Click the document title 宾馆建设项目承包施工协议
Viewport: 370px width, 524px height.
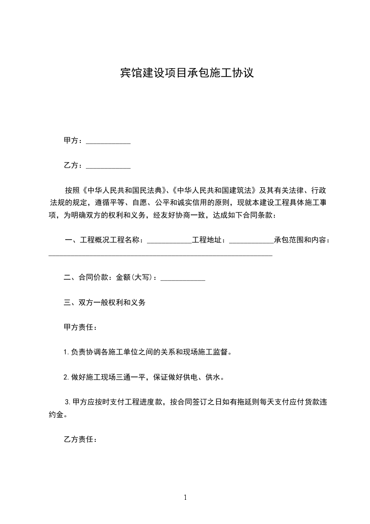[x=187, y=73]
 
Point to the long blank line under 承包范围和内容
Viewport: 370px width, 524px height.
[x=161, y=255]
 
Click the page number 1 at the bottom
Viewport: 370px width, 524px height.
[x=185, y=497]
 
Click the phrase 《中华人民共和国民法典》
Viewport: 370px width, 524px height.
[x=124, y=191]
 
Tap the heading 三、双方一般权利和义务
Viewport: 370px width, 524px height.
[x=105, y=302]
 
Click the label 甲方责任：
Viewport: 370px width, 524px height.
[x=80, y=327]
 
